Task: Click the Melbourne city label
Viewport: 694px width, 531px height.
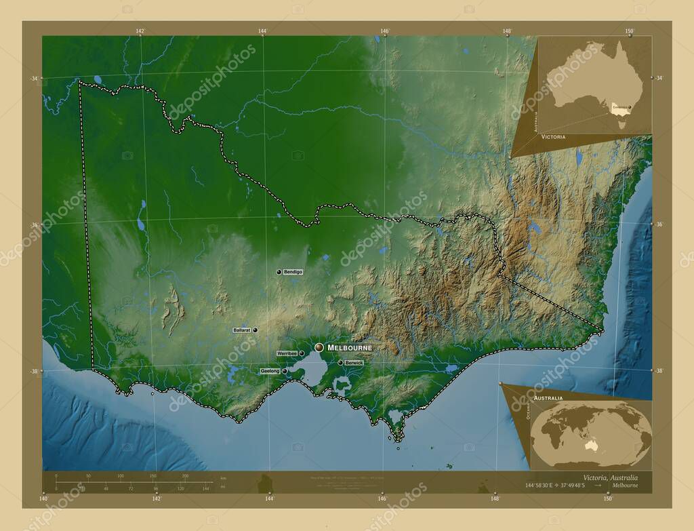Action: [350, 348]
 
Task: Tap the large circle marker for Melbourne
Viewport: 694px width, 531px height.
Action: [319, 347]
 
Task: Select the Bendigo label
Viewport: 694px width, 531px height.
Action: [293, 272]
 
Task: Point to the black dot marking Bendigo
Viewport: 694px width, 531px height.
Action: [279, 272]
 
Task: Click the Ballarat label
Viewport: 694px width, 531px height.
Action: [242, 330]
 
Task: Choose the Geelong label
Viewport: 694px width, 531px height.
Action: [270, 372]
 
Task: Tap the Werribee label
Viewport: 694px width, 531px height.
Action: [287, 354]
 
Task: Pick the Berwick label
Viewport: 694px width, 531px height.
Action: [354, 363]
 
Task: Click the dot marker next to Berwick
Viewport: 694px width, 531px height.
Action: [340, 363]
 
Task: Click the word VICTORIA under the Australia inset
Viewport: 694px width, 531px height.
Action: [553, 136]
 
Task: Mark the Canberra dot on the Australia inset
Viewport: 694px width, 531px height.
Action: [629, 107]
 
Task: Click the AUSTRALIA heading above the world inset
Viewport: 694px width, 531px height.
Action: [547, 397]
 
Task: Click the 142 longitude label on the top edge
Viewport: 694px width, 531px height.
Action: [141, 31]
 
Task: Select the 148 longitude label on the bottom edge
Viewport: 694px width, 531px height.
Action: [496, 499]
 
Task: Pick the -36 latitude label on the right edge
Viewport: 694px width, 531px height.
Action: [657, 224]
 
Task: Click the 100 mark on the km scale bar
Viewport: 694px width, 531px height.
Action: [120, 477]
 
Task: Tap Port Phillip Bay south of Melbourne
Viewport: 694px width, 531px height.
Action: [313, 370]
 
